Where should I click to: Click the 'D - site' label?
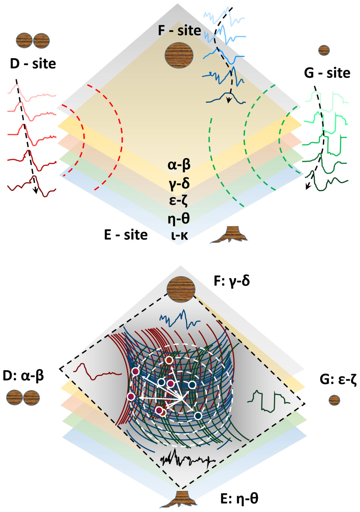pos(33,64)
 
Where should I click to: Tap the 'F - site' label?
pos(179,30)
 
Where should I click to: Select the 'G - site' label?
pos(327,73)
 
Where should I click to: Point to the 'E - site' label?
pos(126,235)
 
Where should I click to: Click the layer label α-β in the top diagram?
pos(179,164)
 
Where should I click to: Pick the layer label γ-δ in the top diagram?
pos(179,183)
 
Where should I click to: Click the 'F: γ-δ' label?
pos(232,281)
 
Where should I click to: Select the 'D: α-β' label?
pos(23,375)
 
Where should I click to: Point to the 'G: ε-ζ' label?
pos(338,379)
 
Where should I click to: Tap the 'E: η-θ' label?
pos(239,499)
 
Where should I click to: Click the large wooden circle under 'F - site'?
pos(179,55)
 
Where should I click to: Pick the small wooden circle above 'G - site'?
pos(324,50)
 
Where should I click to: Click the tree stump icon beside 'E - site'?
pos(229,234)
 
